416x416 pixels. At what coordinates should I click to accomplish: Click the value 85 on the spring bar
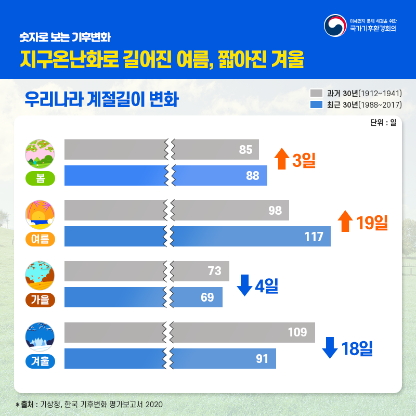245,150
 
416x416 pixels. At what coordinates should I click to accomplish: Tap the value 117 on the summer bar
314,237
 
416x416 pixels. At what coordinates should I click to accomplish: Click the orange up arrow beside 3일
281,159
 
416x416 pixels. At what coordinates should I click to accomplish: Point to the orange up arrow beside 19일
345,221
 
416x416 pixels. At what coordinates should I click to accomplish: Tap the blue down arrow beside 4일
244,285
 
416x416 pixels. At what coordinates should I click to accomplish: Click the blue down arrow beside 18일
330,347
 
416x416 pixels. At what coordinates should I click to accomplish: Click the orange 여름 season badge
40,239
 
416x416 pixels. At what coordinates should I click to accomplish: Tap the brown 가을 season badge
40,300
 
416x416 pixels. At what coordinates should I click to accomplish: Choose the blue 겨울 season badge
40,360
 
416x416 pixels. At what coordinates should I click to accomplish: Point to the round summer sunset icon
40,214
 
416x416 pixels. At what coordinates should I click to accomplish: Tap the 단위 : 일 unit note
383,123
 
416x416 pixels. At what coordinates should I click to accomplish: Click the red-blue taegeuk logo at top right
335,25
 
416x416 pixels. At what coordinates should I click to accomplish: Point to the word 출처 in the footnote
27,404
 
